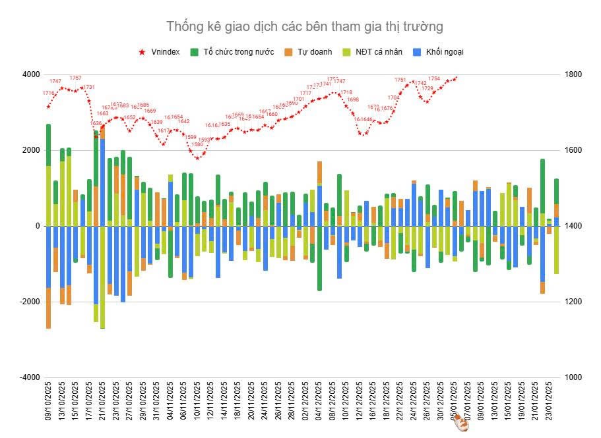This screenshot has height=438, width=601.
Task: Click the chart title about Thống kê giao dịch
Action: coord(304,26)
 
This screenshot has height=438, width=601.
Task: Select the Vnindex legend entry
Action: coord(165,52)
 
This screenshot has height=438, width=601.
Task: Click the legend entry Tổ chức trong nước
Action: coord(234,52)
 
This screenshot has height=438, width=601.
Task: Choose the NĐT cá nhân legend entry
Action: coord(378,52)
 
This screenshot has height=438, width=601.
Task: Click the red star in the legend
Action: coord(142,52)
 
